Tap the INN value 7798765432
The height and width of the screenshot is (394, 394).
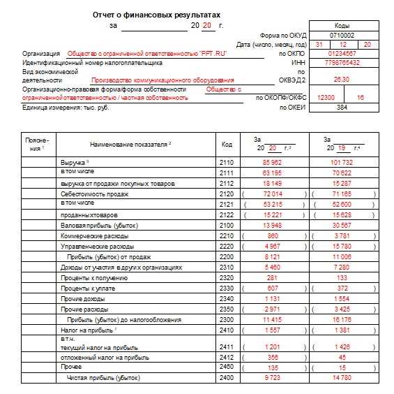point(342,62)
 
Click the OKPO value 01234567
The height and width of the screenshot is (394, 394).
point(342,53)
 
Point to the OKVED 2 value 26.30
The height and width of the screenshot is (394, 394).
point(342,80)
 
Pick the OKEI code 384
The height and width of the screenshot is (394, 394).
point(342,108)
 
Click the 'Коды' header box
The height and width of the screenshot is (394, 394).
point(342,25)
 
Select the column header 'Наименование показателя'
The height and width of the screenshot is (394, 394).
point(130,144)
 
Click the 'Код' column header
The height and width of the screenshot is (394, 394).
point(227,144)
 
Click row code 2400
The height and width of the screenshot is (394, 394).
point(227,377)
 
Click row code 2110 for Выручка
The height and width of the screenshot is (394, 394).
point(227,162)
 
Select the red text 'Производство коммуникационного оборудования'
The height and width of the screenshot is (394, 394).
point(162,80)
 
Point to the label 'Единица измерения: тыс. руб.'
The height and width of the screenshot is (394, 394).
point(66,108)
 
